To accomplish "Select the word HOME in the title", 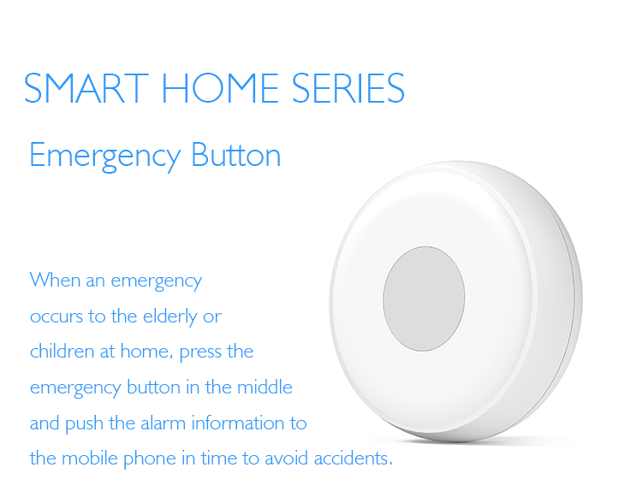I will (220, 88).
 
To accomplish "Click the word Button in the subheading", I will (236, 156).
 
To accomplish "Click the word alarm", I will (160, 423).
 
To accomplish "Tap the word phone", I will (144, 459).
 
